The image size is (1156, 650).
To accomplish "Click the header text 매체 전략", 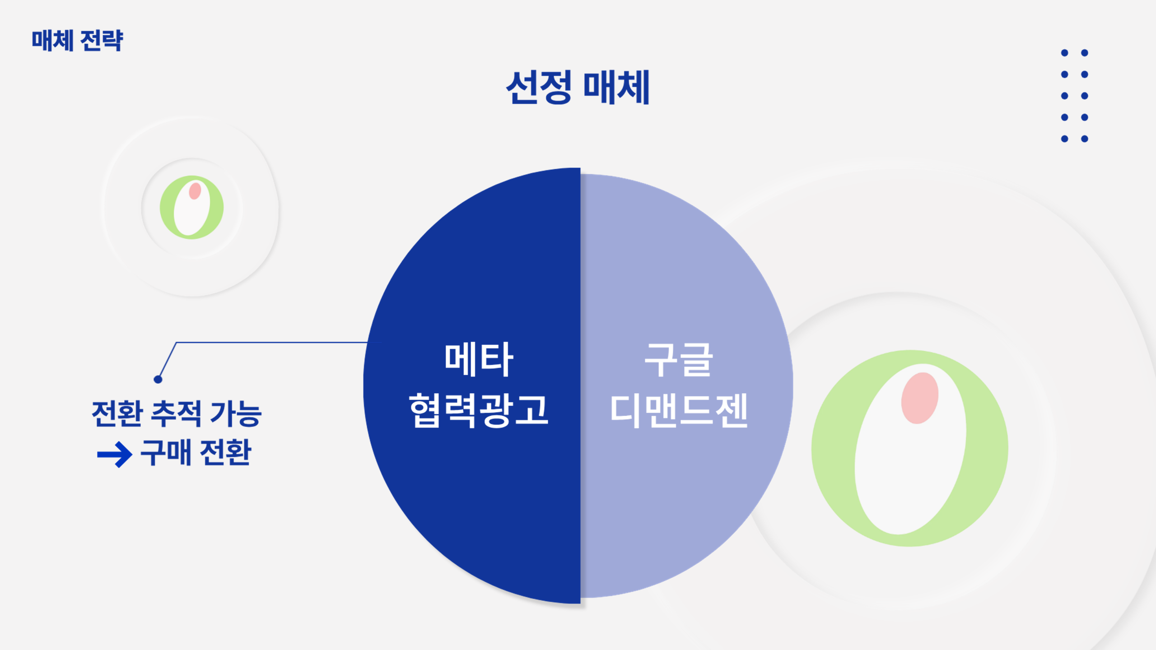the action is (77, 41).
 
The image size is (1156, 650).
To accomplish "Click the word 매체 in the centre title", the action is (616, 87).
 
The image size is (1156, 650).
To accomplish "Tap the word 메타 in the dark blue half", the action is (479, 359).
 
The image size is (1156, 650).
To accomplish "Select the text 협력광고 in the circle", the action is (479, 410).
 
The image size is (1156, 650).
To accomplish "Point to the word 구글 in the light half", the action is (679, 359).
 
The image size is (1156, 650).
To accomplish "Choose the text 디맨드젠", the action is (679, 410).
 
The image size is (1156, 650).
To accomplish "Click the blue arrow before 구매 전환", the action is (115, 454).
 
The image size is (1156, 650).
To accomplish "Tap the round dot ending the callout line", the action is (158, 379).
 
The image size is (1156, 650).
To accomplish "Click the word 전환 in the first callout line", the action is (117, 413).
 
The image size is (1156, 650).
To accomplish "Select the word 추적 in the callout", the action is (176, 413).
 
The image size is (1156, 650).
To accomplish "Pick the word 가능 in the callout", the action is (236, 413).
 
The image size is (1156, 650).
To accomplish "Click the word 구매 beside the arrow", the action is (166, 452).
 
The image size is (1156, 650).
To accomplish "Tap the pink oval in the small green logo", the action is (195, 190).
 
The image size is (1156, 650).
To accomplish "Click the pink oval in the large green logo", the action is (920, 398).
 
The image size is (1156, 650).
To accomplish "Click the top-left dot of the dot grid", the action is (1064, 53).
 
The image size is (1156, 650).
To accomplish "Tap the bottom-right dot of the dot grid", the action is (1085, 139).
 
